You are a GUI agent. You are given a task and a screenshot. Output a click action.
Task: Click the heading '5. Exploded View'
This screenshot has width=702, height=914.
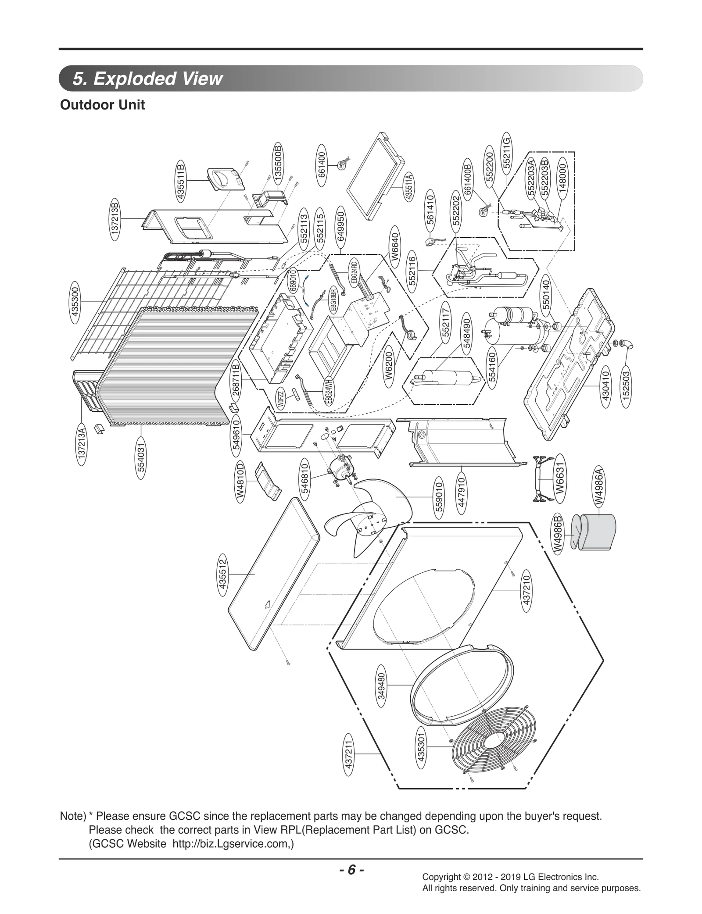click(x=148, y=79)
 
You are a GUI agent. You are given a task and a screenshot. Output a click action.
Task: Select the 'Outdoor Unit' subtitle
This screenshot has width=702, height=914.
click(x=102, y=105)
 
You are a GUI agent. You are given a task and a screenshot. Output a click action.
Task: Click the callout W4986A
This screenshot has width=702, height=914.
click(x=599, y=487)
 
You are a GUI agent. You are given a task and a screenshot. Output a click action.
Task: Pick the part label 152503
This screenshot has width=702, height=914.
click(x=626, y=384)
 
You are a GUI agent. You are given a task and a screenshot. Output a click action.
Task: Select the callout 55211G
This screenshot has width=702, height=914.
click(x=506, y=153)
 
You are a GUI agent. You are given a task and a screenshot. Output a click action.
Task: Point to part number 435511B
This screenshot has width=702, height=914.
click(x=180, y=181)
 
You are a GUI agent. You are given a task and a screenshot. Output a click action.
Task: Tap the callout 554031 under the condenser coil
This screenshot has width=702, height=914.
click(x=141, y=457)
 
